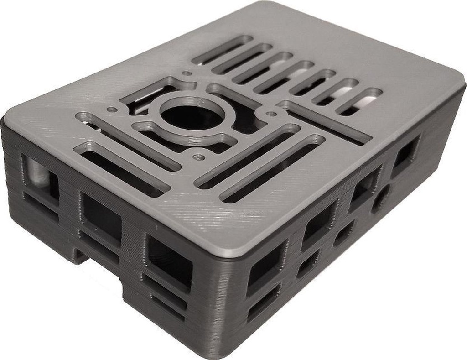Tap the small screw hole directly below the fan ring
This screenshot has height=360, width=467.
coord(199,157)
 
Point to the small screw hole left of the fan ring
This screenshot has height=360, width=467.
coord(111,110)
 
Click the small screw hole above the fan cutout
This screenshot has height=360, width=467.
coord(187,73)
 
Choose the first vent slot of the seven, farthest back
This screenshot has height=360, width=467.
coord(222,50)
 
